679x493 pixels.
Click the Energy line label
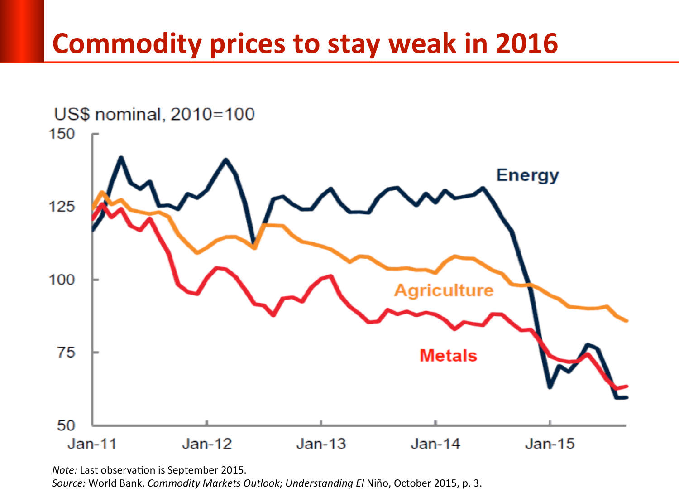click(527, 175)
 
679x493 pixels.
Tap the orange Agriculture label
click(444, 290)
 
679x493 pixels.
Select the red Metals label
click(448, 356)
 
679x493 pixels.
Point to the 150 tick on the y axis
click(62, 134)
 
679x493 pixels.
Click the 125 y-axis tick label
click(62, 207)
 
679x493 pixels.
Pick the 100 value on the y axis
click(62, 280)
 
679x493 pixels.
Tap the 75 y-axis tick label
click(66, 352)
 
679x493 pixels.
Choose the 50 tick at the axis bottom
click(66, 425)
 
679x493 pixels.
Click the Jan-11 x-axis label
click(92, 444)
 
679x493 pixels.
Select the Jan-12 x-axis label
click(207, 444)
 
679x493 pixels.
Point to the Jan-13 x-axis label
click(321, 444)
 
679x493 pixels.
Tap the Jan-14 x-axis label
click(435, 444)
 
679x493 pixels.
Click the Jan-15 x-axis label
click(550, 444)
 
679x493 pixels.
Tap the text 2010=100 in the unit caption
click(212, 114)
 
